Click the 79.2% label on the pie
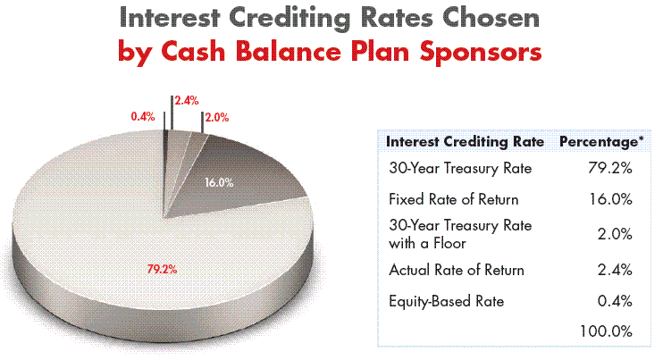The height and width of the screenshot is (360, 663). (x=162, y=269)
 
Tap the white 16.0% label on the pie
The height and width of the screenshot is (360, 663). (x=219, y=182)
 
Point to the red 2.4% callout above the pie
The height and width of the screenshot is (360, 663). (x=187, y=101)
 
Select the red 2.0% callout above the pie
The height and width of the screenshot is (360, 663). (x=217, y=117)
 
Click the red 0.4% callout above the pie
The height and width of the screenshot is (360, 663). (x=143, y=117)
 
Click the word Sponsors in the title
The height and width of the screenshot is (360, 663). (x=481, y=52)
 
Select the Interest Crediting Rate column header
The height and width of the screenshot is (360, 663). (x=465, y=141)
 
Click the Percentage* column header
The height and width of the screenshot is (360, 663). (x=601, y=141)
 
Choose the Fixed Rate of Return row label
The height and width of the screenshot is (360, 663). (x=453, y=199)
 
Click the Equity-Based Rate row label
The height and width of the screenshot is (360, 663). (x=446, y=301)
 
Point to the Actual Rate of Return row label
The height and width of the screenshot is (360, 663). (x=457, y=270)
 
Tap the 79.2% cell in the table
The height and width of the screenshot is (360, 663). (x=610, y=168)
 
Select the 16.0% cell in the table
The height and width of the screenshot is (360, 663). (x=611, y=199)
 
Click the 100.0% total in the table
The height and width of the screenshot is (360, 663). (x=607, y=331)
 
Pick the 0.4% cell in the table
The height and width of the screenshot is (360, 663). (x=615, y=301)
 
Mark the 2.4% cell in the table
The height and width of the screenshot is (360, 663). (x=615, y=270)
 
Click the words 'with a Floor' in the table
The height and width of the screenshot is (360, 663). (x=427, y=243)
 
